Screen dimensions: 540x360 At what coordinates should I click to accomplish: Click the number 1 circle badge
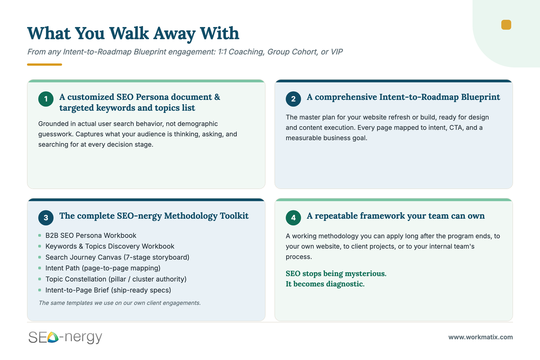(46, 99)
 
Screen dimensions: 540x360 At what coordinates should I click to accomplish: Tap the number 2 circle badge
(293, 99)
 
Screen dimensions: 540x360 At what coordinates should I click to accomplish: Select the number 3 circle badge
(46, 218)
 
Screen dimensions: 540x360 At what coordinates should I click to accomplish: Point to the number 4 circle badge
(293, 218)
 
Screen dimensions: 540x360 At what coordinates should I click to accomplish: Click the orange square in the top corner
(506, 25)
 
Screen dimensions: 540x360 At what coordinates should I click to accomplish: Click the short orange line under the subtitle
(45, 65)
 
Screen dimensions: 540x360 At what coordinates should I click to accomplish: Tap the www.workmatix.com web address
(481, 337)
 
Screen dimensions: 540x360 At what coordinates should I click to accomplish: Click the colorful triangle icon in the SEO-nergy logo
(53, 337)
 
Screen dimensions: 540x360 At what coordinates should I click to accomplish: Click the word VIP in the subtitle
(337, 52)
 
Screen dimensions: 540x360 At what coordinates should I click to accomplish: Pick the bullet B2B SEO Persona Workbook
(90, 235)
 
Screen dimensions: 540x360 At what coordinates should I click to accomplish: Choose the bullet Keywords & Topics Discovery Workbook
(110, 246)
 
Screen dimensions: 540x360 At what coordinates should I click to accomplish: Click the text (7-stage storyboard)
(156, 257)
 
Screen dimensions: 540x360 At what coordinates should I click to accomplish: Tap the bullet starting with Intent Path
(103, 268)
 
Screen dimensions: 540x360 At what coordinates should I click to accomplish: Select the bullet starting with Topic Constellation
(116, 279)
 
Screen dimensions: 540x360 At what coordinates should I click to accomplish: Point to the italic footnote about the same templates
(120, 303)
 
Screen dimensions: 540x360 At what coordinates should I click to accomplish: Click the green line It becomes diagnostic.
(325, 284)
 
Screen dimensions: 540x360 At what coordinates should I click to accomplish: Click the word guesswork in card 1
(55, 134)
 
